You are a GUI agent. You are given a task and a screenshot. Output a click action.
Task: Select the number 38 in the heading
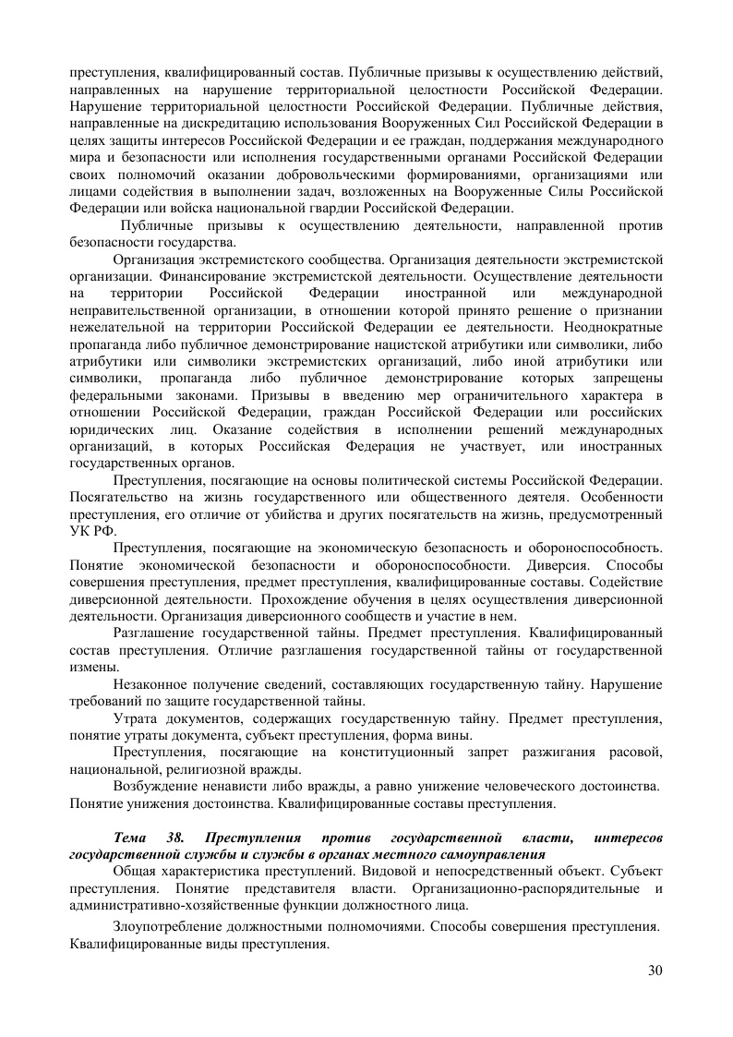[176, 838]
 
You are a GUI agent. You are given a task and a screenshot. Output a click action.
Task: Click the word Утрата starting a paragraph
[136, 718]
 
